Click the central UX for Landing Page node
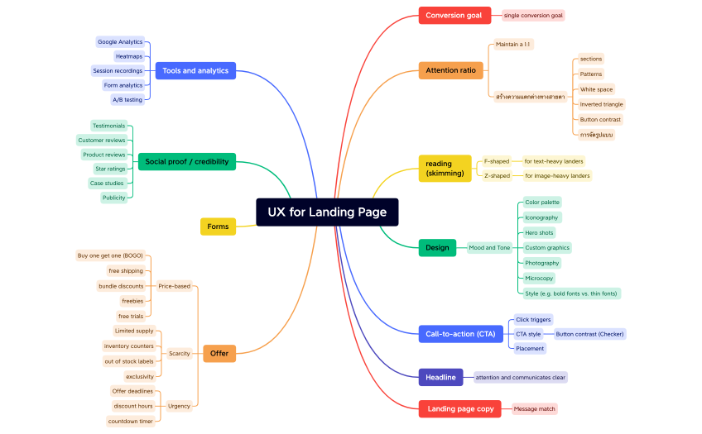coord(327,212)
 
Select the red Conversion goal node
coord(454,15)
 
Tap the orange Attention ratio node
coord(450,70)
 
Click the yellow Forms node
coord(218,227)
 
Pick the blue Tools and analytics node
coord(195,71)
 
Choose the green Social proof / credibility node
coord(187,162)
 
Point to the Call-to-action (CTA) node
coord(460,334)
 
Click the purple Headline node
coord(440,377)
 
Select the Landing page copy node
coord(460,408)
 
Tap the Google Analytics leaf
coord(120,42)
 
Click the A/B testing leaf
coord(127,100)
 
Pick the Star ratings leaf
coord(110,169)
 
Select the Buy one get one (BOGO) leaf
coord(110,255)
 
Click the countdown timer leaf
coord(130,422)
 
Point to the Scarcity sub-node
coord(179,354)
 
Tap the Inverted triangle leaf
coord(601,104)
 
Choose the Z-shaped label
coord(497,176)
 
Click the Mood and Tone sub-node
coord(489,247)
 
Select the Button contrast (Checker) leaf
coord(589,334)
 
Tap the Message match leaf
coord(535,408)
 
